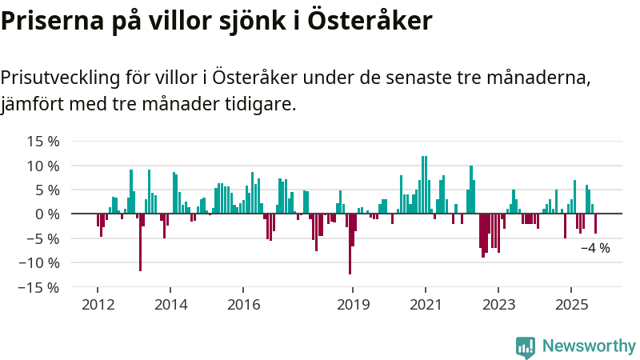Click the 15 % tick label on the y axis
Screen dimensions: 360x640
[x=43, y=142]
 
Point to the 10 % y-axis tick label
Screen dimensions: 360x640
[x=43, y=166]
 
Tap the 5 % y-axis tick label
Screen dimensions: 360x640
[x=47, y=190]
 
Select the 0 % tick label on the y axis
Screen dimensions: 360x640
[x=47, y=214]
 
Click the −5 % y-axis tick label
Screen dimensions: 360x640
[x=43, y=238]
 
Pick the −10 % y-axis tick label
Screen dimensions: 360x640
[x=39, y=262]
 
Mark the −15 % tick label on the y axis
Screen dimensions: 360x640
[x=39, y=286]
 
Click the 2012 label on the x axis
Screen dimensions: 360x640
[x=98, y=305]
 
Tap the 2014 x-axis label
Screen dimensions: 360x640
[x=170, y=305]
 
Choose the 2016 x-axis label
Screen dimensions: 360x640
[x=243, y=305]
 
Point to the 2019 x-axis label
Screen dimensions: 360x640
[x=353, y=305]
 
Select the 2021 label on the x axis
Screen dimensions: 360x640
[x=426, y=305]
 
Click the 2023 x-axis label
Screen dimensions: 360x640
[x=498, y=305]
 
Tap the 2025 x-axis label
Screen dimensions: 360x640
[x=571, y=305]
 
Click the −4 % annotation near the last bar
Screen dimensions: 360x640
[x=595, y=248]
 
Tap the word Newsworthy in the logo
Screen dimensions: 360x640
[x=589, y=346]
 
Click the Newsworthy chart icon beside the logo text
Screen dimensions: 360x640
[x=526, y=346]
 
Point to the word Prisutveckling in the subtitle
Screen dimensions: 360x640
[x=62, y=78]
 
